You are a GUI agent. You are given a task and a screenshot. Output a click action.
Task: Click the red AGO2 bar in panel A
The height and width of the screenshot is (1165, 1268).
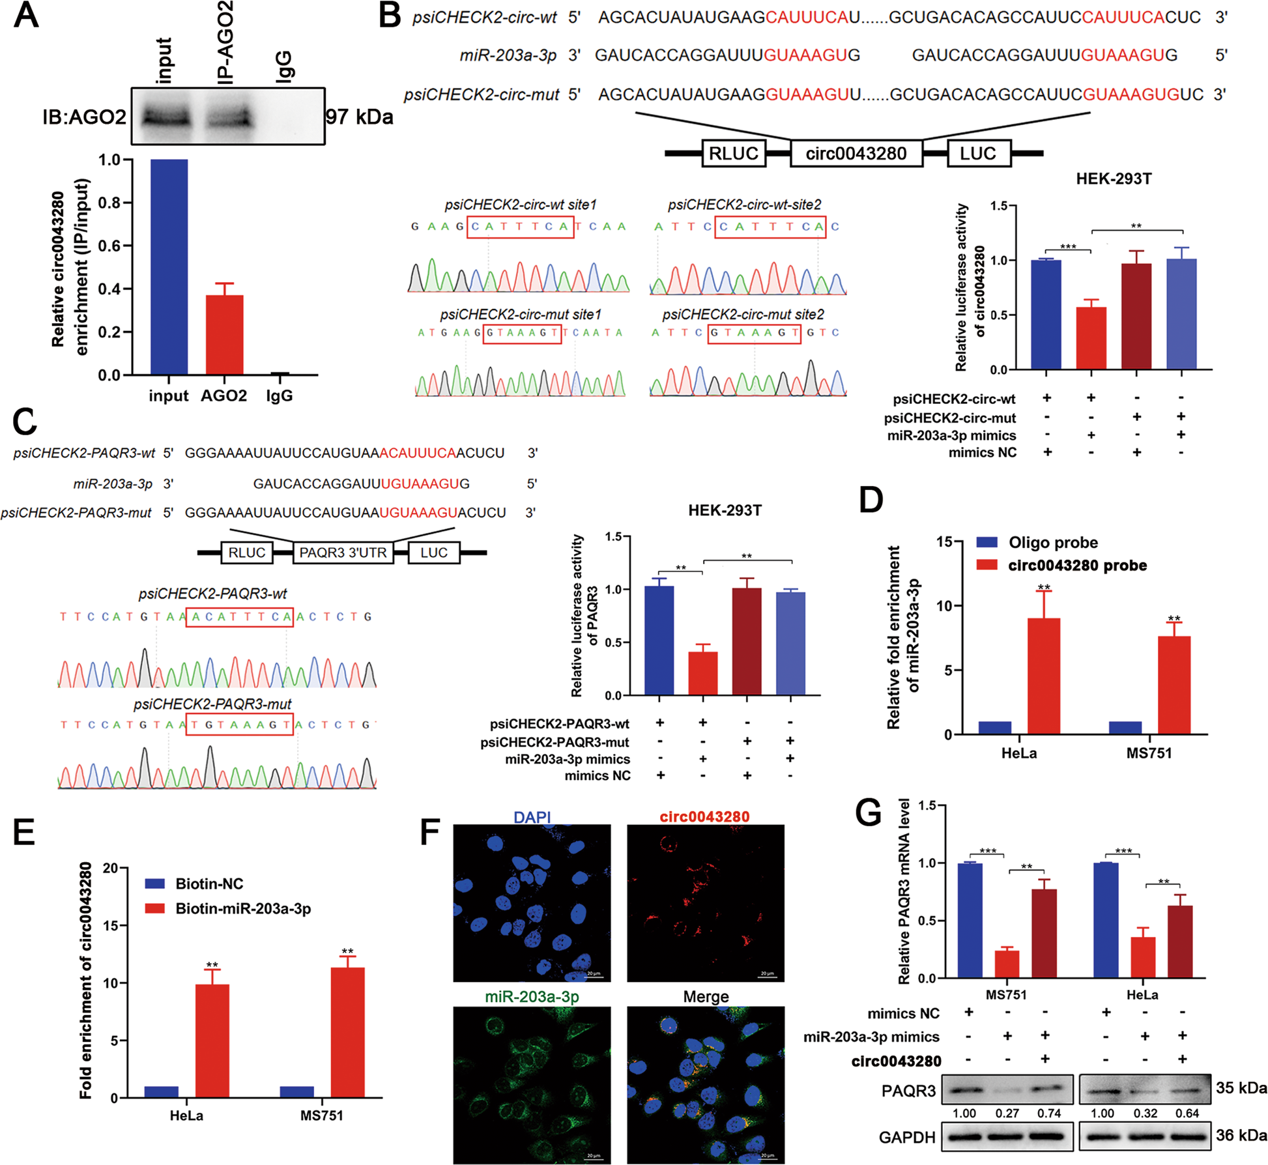(x=224, y=334)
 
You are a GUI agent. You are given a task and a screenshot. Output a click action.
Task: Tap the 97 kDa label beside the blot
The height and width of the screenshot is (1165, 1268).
(x=359, y=117)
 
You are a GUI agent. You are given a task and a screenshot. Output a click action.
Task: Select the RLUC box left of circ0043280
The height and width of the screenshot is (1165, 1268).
(x=733, y=154)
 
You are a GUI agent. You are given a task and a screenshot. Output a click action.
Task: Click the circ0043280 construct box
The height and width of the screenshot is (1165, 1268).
(x=856, y=154)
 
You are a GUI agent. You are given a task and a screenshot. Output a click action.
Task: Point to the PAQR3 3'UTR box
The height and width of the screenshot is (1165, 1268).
(x=343, y=553)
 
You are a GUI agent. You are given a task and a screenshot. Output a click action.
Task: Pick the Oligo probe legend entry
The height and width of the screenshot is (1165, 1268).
(x=1052, y=543)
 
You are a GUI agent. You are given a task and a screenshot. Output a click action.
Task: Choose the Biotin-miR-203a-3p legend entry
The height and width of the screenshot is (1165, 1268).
(x=242, y=908)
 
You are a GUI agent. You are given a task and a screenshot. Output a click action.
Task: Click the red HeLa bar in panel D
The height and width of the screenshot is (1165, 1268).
(x=1043, y=676)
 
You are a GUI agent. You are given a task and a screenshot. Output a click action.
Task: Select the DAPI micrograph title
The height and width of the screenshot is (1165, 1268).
(x=532, y=817)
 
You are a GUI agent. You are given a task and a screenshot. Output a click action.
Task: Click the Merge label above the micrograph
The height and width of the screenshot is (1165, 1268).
(x=706, y=997)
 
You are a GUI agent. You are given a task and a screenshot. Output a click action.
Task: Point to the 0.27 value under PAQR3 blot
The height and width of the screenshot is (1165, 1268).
(x=1007, y=1114)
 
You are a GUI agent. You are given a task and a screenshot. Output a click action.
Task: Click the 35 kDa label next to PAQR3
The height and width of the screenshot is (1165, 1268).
(x=1241, y=1088)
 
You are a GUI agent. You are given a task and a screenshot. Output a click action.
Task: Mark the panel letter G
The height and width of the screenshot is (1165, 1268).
(x=868, y=814)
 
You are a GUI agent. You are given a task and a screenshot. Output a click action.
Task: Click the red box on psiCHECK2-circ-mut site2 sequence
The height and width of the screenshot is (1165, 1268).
(x=754, y=332)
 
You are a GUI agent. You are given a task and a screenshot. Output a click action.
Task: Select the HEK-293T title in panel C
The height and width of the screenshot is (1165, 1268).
(x=725, y=511)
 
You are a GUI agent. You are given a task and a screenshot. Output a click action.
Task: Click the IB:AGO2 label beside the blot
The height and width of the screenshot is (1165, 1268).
(x=84, y=117)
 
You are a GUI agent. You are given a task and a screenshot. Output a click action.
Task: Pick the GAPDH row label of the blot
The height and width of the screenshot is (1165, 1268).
(x=907, y=1138)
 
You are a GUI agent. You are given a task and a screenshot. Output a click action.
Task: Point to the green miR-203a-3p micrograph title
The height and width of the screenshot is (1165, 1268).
(x=532, y=997)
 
